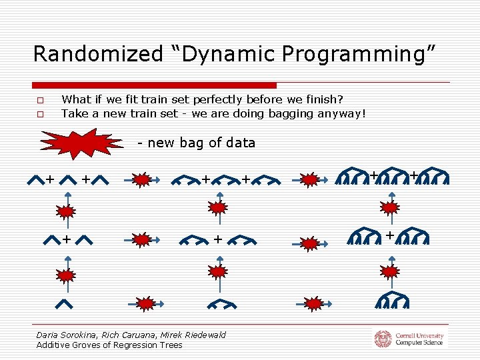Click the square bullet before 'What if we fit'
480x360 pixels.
[40, 101]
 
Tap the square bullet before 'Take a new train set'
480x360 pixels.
[40, 114]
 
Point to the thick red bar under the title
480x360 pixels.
[154, 85]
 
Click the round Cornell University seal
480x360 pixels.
[383, 339]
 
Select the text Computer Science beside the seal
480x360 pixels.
[419, 343]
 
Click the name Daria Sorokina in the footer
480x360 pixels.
[67, 335]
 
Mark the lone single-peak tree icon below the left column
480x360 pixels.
[65, 304]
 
